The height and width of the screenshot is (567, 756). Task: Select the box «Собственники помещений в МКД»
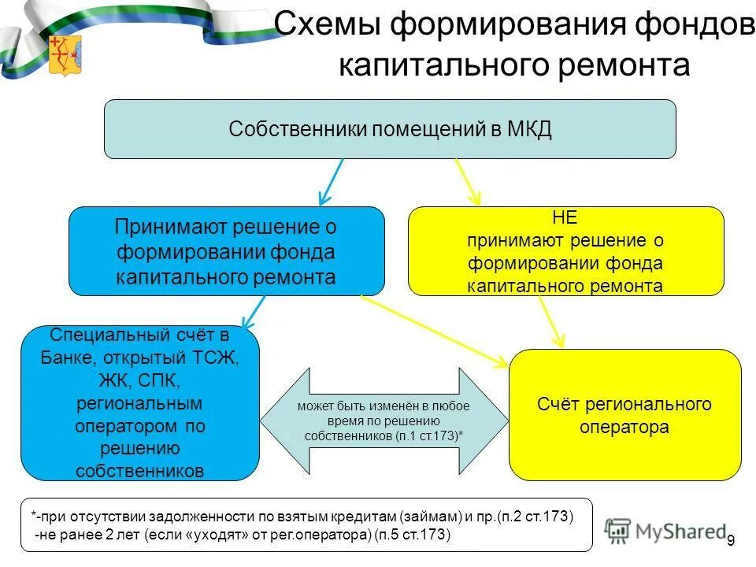390,129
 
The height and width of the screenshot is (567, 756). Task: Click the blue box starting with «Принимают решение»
226,251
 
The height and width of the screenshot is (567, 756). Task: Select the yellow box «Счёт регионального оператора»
624,415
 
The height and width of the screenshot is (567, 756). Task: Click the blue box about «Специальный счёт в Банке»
139,402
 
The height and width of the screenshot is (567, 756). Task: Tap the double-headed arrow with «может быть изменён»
385,421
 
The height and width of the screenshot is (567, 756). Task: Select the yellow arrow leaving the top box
469,183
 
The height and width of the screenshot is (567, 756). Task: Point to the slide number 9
731,540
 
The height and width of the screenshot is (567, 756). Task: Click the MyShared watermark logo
665,532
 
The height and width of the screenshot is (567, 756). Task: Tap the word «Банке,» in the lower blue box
68,357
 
